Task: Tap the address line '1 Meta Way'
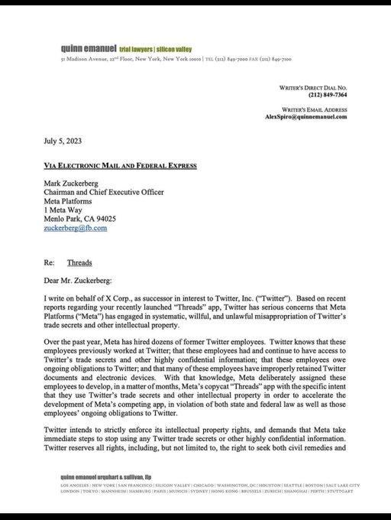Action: click(x=63, y=206)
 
